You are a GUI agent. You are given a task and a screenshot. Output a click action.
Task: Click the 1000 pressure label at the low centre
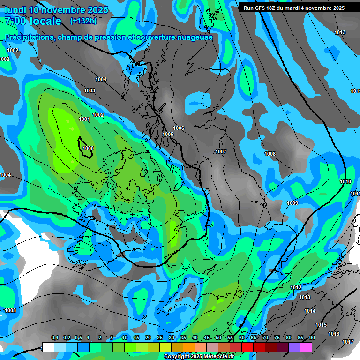point(88,148)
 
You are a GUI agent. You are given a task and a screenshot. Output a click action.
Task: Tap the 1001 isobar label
point(84,119)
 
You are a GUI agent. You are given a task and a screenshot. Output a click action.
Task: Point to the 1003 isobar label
point(90,90)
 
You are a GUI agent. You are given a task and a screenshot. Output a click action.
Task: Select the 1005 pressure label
point(168,134)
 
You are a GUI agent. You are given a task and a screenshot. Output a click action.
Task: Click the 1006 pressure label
point(179,128)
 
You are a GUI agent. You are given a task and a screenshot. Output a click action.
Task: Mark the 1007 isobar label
point(221,151)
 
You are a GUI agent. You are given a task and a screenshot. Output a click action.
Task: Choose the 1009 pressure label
point(292,203)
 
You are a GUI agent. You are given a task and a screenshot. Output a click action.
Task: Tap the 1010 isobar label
point(345,181)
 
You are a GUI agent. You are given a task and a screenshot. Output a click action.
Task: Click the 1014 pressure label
point(310,311)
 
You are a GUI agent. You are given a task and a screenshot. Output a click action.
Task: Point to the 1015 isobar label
point(321,325)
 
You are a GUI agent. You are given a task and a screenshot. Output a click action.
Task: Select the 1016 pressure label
point(334,334)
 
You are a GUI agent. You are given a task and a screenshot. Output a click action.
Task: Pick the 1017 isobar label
point(347,342)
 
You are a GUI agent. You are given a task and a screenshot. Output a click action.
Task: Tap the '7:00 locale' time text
point(33,21)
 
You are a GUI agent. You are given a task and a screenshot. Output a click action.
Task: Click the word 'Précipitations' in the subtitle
point(28,37)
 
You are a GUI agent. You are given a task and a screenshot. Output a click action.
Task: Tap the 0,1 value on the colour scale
point(54,338)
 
